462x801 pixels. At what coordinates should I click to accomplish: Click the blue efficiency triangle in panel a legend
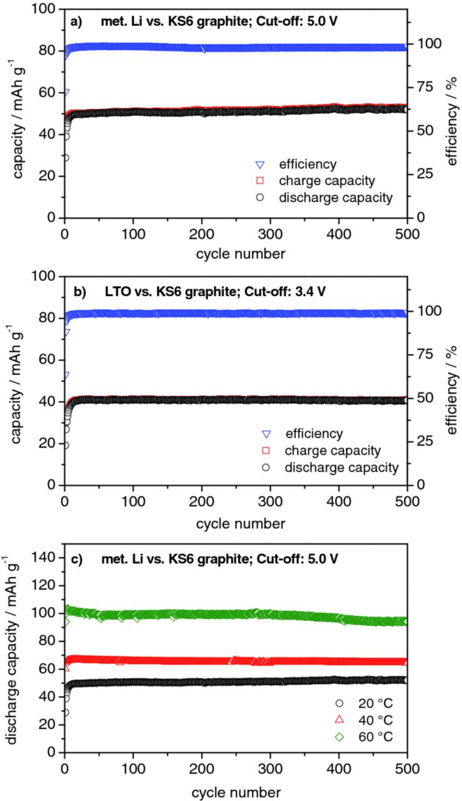(x=259, y=165)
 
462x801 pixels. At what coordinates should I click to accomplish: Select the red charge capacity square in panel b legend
(x=266, y=451)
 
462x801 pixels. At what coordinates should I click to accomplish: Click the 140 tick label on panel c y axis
(x=48, y=557)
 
